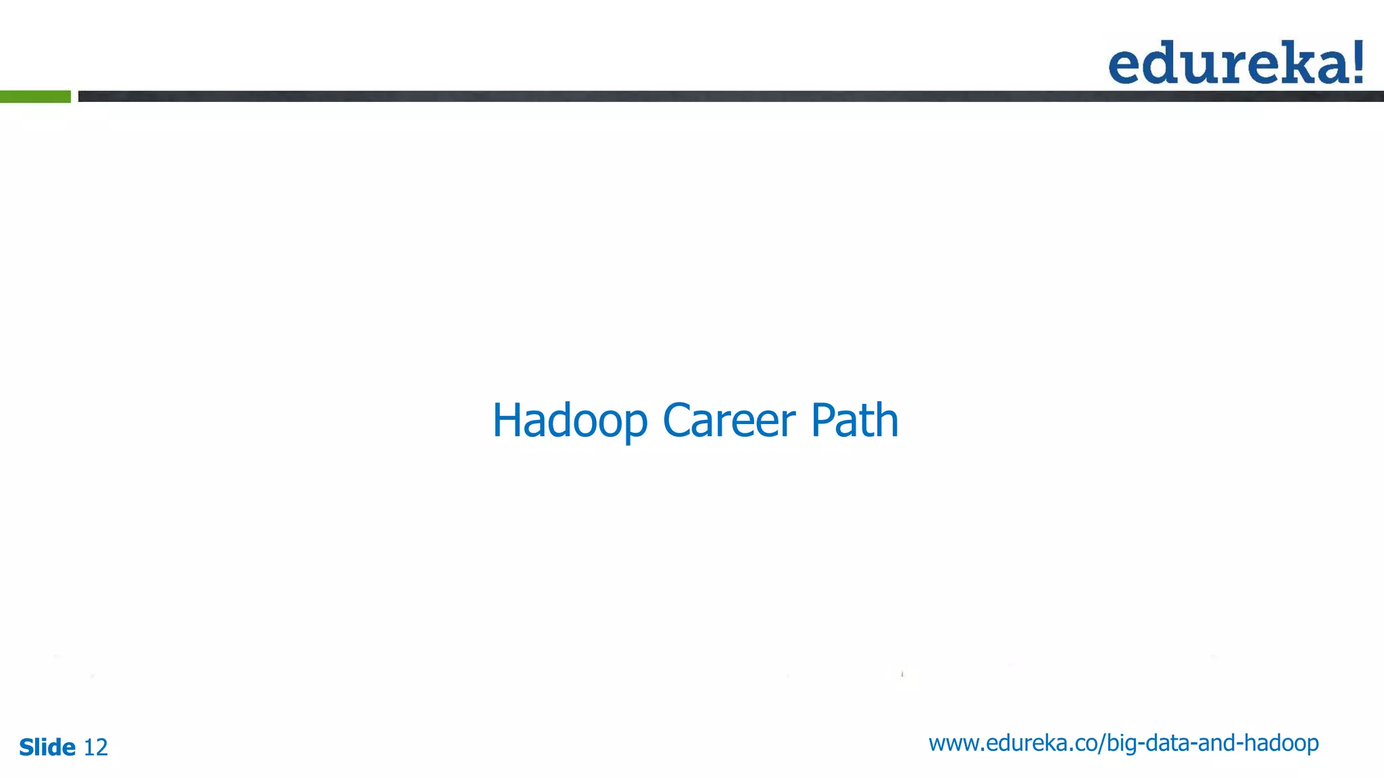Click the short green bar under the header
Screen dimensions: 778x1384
[x=35, y=97]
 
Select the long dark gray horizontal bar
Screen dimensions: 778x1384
[x=730, y=97]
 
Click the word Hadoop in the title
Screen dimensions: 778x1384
[x=570, y=421]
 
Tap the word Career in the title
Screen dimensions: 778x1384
[x=729, y=421]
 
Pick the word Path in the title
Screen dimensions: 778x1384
[x=854, y=421]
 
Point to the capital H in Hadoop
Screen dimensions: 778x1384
[x=508, y=421]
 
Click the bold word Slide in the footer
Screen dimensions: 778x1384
[x=47, y=747]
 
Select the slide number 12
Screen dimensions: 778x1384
[x=95, y=747]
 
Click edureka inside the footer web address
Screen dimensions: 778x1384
[x=1028, y=743]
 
